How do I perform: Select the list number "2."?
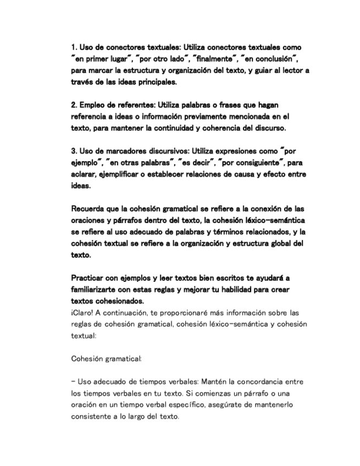click(74, 104)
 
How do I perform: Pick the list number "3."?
click(74, 151)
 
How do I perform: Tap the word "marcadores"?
click(119, 151)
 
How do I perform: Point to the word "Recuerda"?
click(89, 209)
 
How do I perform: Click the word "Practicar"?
click(89, 278)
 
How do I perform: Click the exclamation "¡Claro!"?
click(82, 312)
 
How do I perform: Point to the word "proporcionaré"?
click(184, 312)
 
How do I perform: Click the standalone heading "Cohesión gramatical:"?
click(107, 359)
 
